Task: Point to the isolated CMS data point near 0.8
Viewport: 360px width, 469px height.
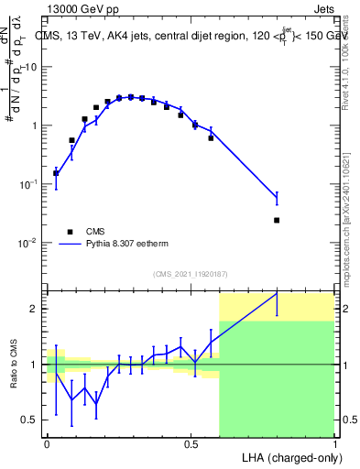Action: (277, 220)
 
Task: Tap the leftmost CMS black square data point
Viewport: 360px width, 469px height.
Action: (56, 172)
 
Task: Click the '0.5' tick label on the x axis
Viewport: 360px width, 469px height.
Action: (191, 442)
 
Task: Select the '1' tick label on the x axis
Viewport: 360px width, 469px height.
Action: (335, 442)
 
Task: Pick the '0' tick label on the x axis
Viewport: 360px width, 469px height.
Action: (47, 442)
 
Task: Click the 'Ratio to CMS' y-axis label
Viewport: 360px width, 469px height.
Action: (15, 365)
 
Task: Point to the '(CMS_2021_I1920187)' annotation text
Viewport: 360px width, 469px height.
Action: (191, 273)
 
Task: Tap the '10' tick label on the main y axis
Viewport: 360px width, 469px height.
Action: (30, 67)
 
